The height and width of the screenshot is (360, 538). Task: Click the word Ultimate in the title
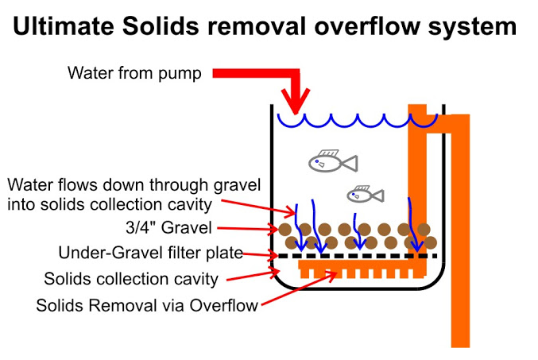[63, 26]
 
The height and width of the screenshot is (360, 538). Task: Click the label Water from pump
[134, 73]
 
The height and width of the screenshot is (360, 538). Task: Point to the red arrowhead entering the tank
[296, 101]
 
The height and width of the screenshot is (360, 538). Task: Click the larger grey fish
[333, 161]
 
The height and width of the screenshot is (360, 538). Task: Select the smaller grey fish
[366, 195]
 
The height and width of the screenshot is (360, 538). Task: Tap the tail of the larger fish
[350, 163]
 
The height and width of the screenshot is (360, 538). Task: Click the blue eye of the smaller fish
[353, 195]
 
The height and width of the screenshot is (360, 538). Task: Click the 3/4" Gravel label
[168, 228]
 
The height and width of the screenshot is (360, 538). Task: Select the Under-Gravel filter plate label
[151, 253]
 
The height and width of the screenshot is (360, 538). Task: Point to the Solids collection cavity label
[131, 279]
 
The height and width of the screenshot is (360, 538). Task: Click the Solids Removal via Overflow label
[147, 305]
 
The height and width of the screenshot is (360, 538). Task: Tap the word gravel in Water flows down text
[237, 185]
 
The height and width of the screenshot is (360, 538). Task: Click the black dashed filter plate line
[358, 256]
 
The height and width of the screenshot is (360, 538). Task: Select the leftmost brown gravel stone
[284, 230]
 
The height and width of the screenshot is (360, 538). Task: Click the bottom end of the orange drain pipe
[460, 346]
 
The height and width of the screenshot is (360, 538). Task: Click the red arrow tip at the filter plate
[278, 256]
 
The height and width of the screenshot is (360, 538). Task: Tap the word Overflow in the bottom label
[223, 305]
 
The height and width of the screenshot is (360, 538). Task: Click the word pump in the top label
[180, 74]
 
